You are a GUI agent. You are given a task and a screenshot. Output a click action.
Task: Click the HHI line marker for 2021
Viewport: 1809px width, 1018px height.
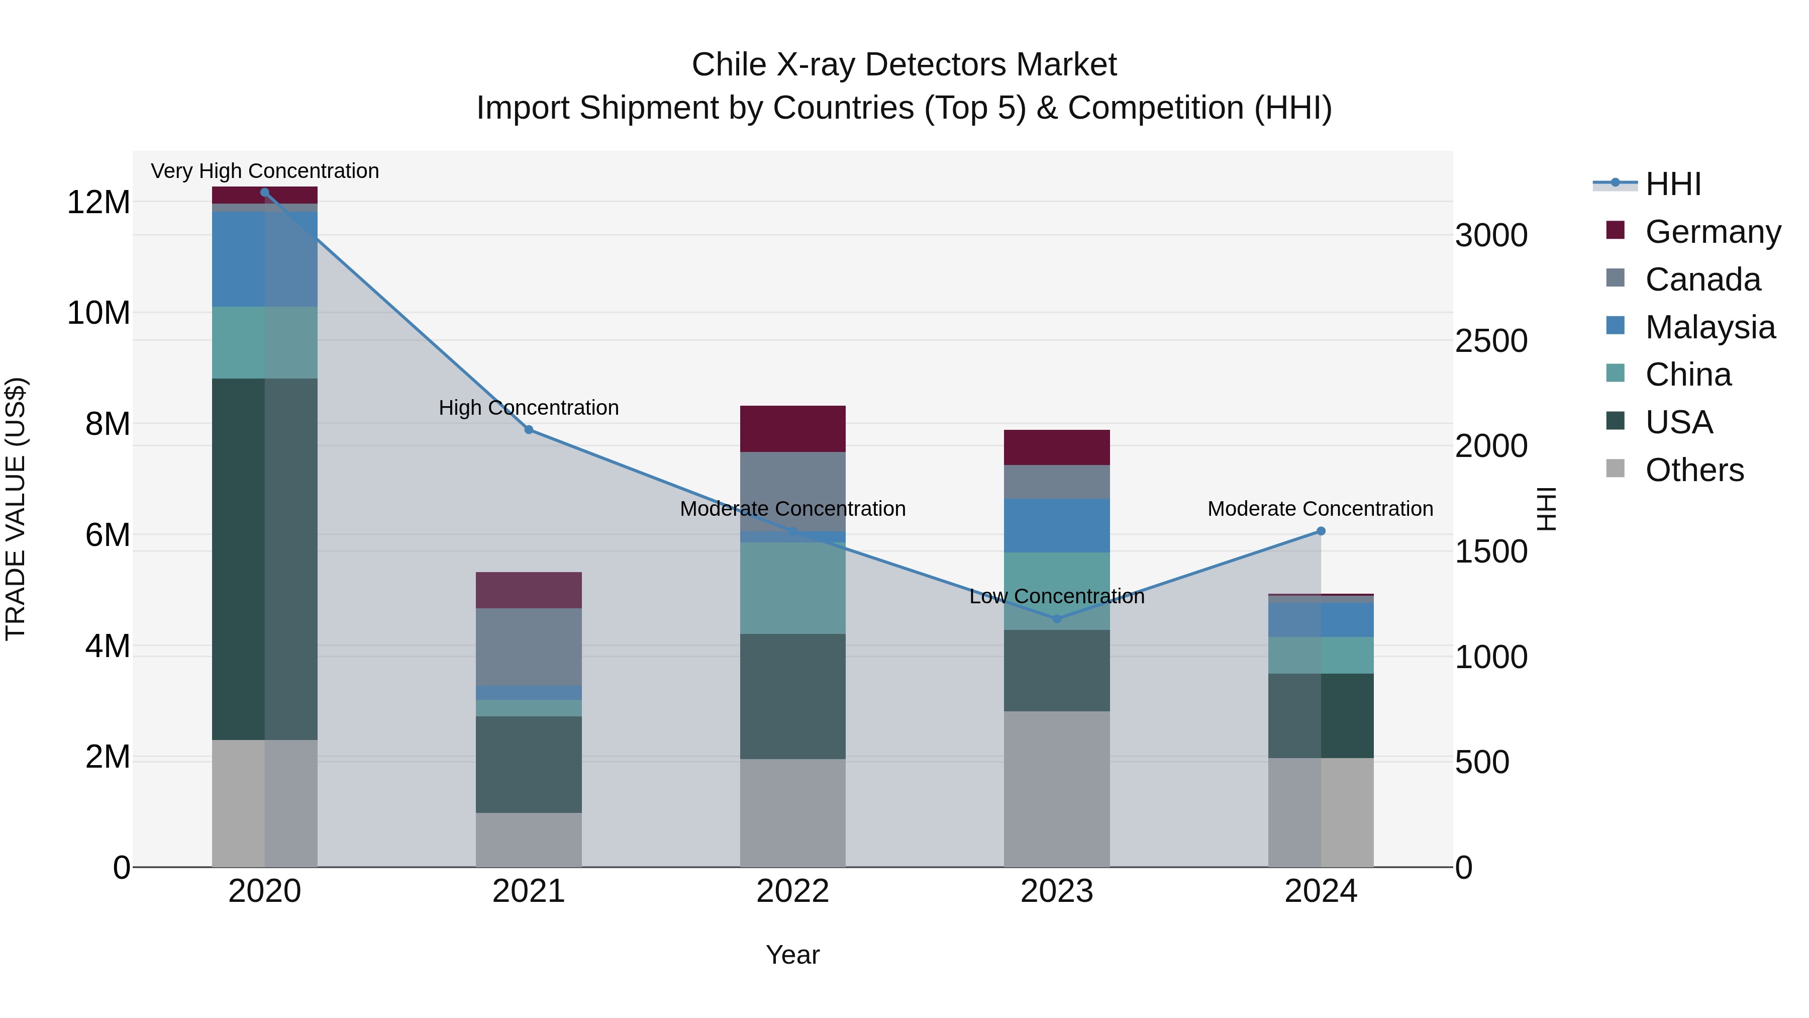click(529, 429)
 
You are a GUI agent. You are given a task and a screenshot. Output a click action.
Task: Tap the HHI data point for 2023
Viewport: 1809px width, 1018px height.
click(1057, 619)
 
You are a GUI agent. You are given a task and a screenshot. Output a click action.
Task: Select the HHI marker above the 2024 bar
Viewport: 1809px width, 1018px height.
click(1321, 531)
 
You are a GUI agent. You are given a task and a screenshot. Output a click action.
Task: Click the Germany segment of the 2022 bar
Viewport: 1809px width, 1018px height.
click(793, 428)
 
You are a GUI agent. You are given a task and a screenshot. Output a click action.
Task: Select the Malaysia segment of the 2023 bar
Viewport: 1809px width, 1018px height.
click(1057, 525)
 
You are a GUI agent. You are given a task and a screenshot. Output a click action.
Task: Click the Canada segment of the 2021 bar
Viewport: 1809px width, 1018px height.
click(529, 646)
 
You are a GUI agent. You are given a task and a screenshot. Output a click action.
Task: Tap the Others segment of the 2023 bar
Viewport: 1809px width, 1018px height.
click(1057, 788)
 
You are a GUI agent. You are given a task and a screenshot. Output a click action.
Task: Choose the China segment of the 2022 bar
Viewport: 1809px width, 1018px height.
click(793, 588)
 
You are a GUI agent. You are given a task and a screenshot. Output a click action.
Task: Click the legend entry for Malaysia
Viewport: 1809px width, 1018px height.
click(1710, 327)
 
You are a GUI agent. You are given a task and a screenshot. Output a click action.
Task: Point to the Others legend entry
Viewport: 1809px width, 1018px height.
click(1694, 470)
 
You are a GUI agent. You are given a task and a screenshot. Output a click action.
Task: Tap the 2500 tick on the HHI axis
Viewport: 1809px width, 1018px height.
click(1491, 341)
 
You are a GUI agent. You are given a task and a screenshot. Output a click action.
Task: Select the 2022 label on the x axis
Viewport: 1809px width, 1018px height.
click(793, 891)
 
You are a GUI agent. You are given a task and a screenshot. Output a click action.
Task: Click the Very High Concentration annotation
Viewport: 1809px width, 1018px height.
click(265, 171)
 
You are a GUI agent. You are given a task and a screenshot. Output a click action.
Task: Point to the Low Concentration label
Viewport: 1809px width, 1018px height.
click(1057, 596)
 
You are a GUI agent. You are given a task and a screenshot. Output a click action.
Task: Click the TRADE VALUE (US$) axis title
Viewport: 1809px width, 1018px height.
click(16, 509)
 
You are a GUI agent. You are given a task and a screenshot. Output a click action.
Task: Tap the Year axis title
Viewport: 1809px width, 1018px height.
click(793, 955)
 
